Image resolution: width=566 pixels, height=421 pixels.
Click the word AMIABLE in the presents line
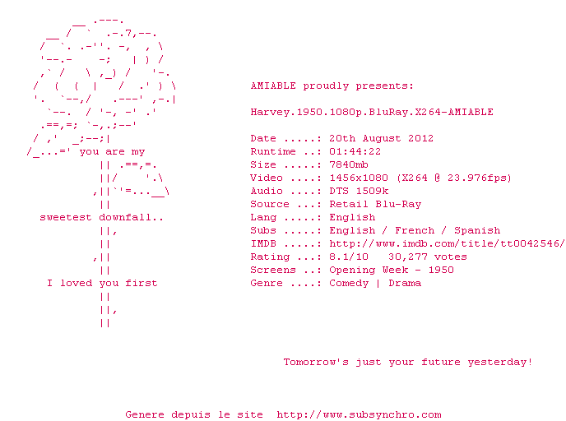pos(273,86)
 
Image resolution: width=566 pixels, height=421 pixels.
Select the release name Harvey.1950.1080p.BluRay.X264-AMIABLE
pos(372,112)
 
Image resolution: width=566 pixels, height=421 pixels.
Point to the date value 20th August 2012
pos(381,138)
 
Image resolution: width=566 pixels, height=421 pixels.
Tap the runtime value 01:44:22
pos(355,151)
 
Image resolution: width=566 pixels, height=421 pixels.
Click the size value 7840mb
pos(349,165)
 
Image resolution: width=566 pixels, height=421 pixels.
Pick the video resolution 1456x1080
pos(359,178)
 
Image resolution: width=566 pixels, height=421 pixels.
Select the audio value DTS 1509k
pos(359,192)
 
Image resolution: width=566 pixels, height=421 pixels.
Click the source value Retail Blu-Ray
pos(375,204)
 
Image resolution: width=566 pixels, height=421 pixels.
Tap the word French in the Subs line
pos(415,230)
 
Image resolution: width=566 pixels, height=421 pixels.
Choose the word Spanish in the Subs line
pos(477,230)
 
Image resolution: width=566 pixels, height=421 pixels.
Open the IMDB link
pos(447,243)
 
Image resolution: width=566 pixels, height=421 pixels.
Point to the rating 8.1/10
pos(349,257)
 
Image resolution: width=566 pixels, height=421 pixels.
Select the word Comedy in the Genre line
pos(349,283)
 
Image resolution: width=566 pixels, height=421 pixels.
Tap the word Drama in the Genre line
pos(405,283)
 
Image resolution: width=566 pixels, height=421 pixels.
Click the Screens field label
pos(273,271)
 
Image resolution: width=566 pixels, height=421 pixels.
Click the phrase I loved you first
pos(102,283)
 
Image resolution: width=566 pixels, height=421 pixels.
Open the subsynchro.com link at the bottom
pos(359,415)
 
